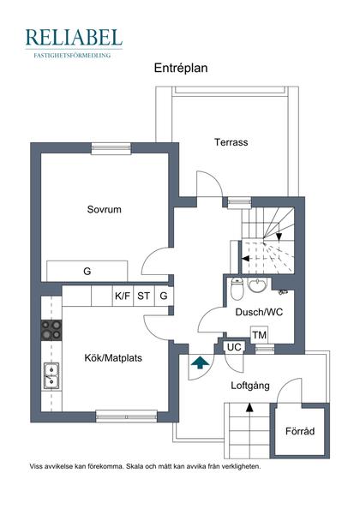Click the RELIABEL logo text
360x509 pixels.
tap(74, 37)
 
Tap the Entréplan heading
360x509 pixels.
tap(181, 67)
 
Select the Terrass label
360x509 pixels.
tap(231, 142)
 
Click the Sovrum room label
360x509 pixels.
tap(104, 209)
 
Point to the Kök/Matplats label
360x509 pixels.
tap(113, 358)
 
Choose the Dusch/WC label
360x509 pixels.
tap(259, 312)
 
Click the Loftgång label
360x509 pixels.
tap(250, 386)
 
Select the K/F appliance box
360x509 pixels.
tap(123, 296)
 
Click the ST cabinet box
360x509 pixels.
tap(143, 296)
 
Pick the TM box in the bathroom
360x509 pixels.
tap(259, 334)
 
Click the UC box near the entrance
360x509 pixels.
tap(234, 347)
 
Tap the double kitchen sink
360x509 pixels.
tap(51, 376)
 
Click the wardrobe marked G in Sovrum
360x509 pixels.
tap(87, 271)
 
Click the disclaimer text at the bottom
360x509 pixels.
tap(145, 467)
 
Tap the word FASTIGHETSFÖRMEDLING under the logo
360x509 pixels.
tap(74, 54)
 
